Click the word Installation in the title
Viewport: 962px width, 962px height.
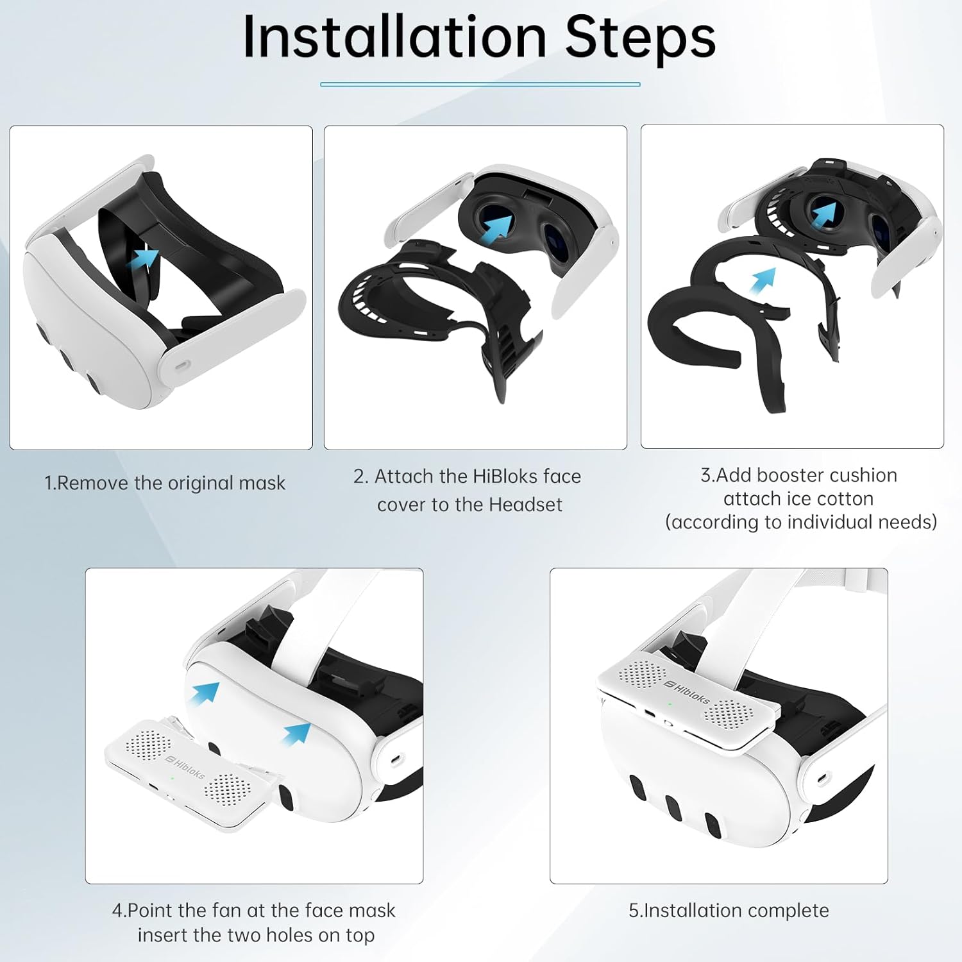394,36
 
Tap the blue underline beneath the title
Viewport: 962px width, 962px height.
480,84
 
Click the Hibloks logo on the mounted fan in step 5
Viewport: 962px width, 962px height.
687,692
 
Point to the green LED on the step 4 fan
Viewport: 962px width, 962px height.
173,779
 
